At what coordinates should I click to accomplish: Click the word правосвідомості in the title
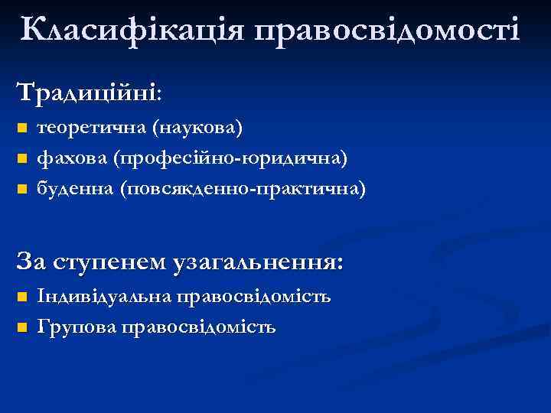click(x=387, y=30)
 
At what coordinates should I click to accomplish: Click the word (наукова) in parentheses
click(x=198, y=127)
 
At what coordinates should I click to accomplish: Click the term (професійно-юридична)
click(x=230, y=158)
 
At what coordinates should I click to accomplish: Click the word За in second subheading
click(x=34, y=262)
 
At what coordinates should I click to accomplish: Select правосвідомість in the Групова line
click(x=198, y=327)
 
